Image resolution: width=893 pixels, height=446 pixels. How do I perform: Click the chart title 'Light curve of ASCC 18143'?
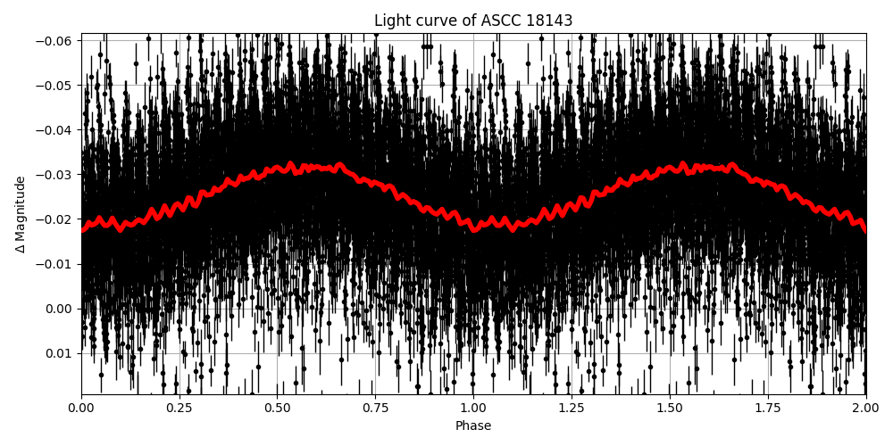pos(473,21)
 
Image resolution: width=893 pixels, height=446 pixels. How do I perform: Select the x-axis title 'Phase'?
pos(473,426)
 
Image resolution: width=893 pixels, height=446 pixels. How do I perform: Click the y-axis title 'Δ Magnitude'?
pos(21,214)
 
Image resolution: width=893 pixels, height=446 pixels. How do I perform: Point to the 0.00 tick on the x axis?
pos(81,409)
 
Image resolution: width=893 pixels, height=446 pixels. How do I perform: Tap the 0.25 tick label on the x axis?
pos(179,409)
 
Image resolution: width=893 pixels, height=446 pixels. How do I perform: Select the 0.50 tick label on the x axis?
pos(277,409)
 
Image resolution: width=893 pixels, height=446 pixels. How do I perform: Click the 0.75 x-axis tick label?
pos(375,409)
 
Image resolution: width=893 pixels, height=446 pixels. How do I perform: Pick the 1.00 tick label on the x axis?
pos(473,409)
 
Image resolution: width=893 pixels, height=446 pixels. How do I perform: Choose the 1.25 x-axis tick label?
pos(572,409)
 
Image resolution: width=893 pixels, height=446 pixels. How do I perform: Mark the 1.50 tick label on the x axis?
pos(670,409)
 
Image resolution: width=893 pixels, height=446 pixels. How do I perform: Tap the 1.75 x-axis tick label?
pos(768,409)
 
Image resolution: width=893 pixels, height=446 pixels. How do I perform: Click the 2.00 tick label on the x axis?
pos(865,409)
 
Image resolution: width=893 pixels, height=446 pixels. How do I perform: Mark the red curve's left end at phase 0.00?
pos(82,229)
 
